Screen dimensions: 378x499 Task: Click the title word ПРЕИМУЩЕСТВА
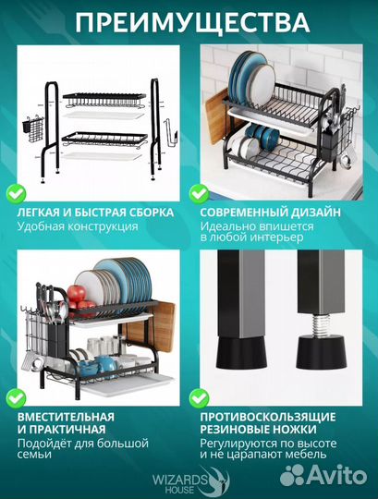pos(192,22)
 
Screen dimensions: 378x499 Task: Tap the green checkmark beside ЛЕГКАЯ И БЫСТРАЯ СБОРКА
pos(17,194)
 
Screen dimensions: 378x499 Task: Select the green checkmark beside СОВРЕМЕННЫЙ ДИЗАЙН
pos(200,194)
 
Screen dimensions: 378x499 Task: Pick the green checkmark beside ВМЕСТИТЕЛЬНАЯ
pos(17,398)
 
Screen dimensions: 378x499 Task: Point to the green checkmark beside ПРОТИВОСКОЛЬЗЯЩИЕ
pos(200,398)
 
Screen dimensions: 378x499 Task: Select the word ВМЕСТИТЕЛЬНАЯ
pos(66,417)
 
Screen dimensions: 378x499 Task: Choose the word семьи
pos(34,455)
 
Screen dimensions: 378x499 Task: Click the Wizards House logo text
pos(180,483)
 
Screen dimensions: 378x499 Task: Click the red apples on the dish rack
pos(79,298)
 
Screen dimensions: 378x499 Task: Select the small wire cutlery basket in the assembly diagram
pos(31,128)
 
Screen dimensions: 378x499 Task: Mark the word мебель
pos(306,455)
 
